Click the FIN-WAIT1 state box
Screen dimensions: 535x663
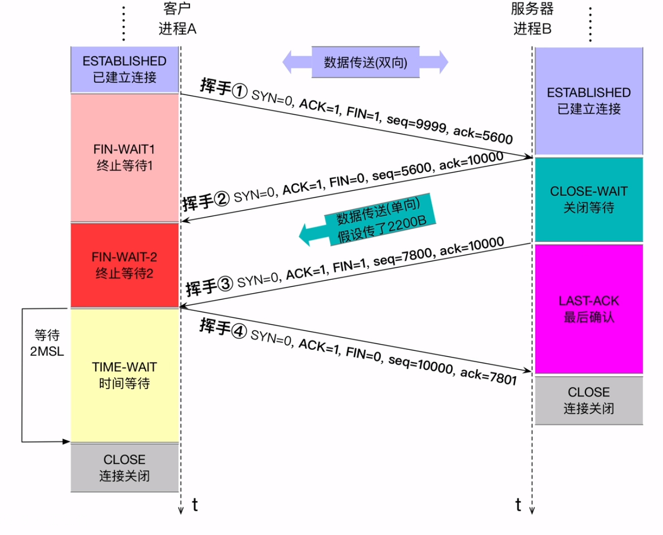coord(124,157)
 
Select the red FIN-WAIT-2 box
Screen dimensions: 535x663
coord(124,265)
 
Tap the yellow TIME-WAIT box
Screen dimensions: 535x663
coord(124,375)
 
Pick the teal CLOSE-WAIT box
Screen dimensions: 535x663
coord(589,199)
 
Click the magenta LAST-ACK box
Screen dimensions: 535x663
coord(589,309)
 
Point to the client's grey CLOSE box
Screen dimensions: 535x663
coord(124,468)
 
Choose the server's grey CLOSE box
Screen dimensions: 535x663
coord(589,400)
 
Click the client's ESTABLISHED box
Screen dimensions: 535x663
coord(124,69)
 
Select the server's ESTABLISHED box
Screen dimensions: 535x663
coord(589,101)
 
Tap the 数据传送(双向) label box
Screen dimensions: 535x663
coord(365,63)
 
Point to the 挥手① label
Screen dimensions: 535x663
coord(223,88)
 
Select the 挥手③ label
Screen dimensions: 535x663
coord(209,286)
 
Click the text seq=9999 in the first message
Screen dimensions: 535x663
coord(416,123)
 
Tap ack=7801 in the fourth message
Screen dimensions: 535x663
coord(488,377)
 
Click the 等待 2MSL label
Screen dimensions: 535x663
coord(47,343)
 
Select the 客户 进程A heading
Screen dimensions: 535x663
coord(177,19)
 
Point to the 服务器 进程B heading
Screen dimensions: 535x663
coord(532,19)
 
